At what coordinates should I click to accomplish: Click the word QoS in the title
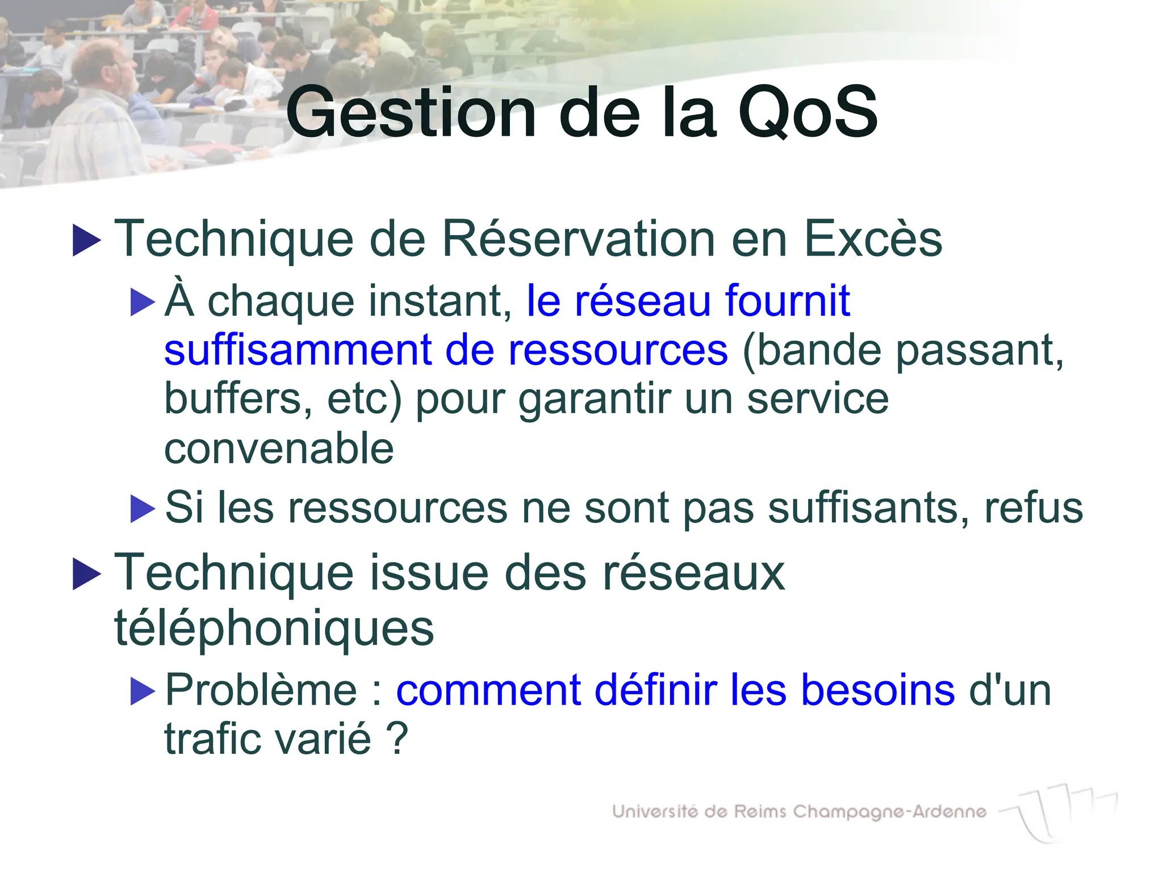coord(808,112)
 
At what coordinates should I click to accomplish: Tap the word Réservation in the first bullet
coord(578,239)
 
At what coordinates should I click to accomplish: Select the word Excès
coord(873,239)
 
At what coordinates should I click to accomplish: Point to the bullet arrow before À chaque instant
coord(143,302)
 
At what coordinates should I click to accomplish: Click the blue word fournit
coord(787,300)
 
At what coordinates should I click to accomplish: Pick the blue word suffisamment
coord(298,350)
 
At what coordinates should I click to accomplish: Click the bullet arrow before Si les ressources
coord(143,509)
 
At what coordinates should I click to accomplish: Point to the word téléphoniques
coord(274,628)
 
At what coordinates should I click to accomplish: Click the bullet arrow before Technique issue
coord(87,575)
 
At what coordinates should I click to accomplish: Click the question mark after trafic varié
coord(397,739)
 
